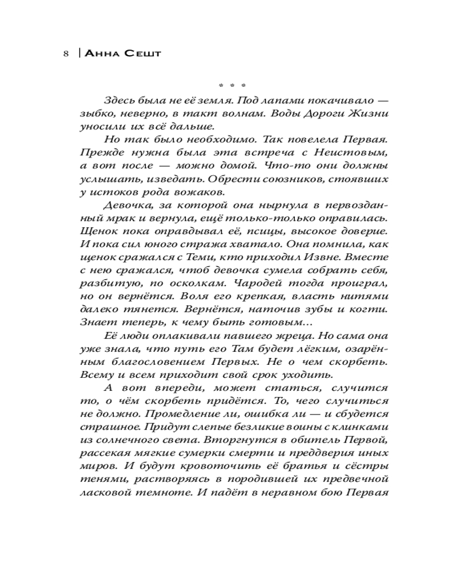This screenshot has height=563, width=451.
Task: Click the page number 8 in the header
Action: tap(66, 55)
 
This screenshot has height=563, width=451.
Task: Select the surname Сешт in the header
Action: tap(142, 55)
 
